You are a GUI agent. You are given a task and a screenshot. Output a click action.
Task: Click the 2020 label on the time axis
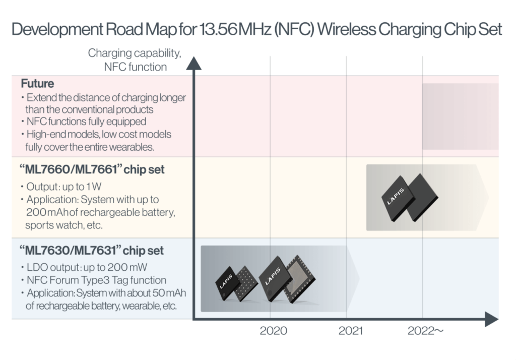(273, 331)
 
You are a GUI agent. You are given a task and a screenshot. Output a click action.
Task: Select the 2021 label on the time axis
(350, 331)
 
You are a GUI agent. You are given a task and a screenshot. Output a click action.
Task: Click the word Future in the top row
(37, 84)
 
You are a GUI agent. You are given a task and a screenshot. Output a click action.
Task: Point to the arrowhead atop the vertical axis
(193, 63)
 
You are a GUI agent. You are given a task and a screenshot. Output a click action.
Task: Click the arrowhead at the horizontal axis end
(491, 319)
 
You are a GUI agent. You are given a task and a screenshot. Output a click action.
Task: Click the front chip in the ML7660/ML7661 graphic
(398, 194)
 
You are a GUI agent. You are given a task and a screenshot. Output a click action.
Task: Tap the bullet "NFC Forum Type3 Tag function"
(95, 280)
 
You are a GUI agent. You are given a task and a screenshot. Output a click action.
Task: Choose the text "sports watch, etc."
(64, 225)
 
